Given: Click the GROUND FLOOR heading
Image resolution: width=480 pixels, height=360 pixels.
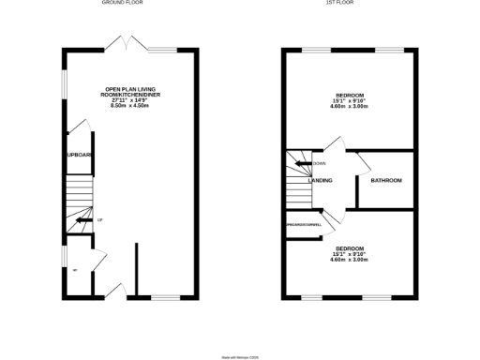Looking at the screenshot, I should (x=129, y=3).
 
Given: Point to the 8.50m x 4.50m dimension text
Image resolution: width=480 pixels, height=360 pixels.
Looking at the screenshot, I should (x=130, y=106).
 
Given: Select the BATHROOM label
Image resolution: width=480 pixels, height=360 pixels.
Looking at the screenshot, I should (x=385, y=180).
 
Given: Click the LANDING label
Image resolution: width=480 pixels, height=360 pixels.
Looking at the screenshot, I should (x=321, y=180).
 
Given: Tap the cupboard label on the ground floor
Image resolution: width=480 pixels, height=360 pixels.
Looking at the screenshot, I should (x=78, y=155).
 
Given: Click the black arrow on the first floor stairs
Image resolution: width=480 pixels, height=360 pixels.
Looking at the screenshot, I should (x=303, y=163).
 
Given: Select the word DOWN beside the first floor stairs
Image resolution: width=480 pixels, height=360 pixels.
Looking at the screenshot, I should (x=320, y=164).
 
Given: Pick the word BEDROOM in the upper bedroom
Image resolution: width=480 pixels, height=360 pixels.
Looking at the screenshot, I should (x=350, y=97).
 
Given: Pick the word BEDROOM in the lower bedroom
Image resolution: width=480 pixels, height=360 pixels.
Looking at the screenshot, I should (x=350, y=247).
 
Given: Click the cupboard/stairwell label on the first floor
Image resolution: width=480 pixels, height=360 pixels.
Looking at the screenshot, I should (x=304, y=225).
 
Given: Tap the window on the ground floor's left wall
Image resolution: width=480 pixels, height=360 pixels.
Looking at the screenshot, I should (x=65, y=83).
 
